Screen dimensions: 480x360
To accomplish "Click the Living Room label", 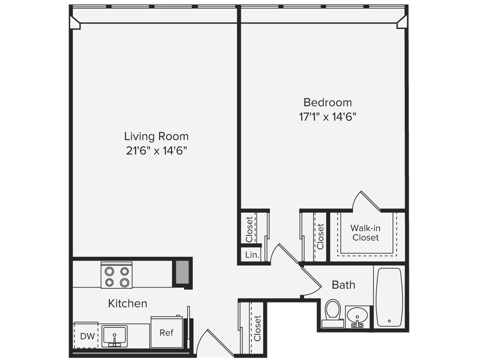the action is [x=156, y=136].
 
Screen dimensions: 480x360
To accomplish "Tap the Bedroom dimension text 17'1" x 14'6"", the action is [x=328, y=117].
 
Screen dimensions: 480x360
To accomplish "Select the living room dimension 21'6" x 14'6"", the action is [x=156, y=150].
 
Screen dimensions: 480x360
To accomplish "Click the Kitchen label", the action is [x=127, y=303].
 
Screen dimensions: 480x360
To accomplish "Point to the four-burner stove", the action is [x=117, y=275].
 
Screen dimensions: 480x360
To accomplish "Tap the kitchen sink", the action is [x=114, y=336].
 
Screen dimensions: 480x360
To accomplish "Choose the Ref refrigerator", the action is [x=167, y=332].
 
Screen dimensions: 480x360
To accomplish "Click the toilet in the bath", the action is [x=333, y=313].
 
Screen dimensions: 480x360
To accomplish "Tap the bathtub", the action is [x=389, y=297].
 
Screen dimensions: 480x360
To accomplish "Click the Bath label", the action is [x=344, y=285].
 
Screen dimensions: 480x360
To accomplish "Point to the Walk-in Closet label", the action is [x=366, y=232].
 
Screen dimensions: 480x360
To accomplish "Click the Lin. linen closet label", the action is [x=252, y=255].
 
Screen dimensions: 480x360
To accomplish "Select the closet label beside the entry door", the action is [x=257, y=329].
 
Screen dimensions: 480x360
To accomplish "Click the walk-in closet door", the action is [x=371, y=201].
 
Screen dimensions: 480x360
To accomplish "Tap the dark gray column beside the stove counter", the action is [x=182, y=272].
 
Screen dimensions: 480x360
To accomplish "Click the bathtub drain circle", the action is [x=389, y=321].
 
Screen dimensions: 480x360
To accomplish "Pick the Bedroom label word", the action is [x=328, y=102].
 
